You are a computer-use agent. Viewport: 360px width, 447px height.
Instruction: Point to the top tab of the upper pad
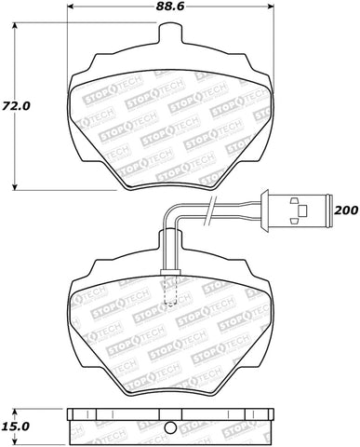click(169, 35)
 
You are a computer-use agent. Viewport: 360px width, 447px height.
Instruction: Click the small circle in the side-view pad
click(168, 428)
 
